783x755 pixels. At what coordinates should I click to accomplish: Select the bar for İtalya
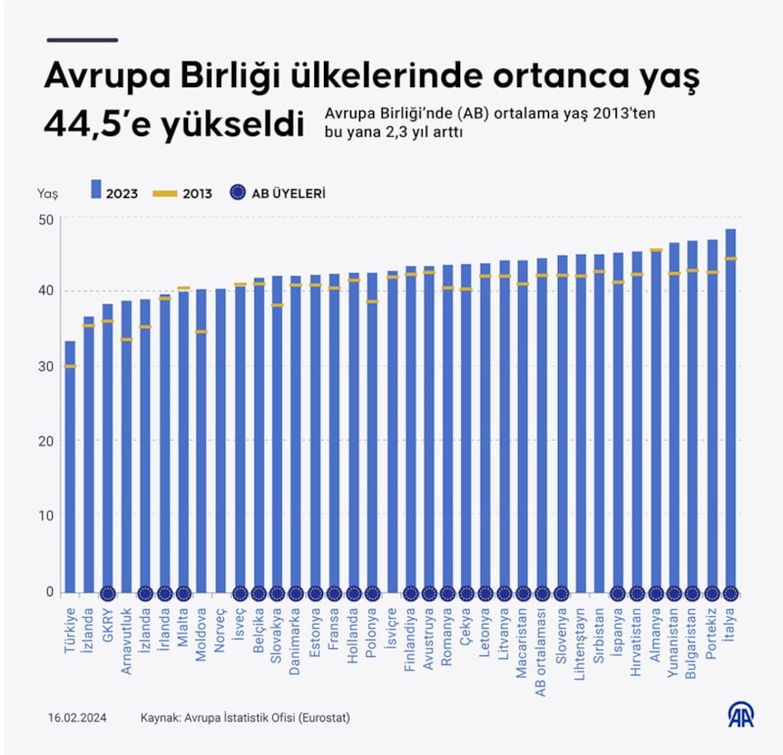click(730, 411)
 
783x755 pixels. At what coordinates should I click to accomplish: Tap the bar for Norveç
click(221, 441)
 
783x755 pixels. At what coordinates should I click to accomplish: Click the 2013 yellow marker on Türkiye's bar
click(70, 366)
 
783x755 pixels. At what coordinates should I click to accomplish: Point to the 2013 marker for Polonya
click(372, 302)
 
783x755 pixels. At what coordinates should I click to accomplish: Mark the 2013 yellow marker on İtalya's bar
click(730, 259)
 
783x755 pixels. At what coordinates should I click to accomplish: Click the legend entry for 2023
click(115, 193)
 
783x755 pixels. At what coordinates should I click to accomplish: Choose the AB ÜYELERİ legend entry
click(278, 193)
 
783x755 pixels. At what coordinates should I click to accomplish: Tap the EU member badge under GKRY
click(108, 593)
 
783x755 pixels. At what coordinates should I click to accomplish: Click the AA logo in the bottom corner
click(740, 716)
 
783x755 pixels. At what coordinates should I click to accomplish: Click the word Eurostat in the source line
click(324, 718)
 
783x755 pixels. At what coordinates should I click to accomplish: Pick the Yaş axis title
click(47, 193)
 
